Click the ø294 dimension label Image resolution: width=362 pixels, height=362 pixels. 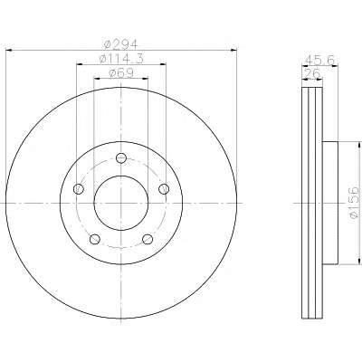point(120,44)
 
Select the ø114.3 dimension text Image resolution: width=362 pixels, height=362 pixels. point(121,59)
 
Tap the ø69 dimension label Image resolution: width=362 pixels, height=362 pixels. point(121,72)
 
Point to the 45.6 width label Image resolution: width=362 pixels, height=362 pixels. point(319,60)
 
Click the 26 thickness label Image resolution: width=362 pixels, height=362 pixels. point(312,73)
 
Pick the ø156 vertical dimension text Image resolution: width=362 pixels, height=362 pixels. point(354,203)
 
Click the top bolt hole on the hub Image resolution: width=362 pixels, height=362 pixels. point(121,157)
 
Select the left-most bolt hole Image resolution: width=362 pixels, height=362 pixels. point(79,189)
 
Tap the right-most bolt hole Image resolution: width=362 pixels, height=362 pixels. point(164,189)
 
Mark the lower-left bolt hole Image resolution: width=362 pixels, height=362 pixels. point(95,239)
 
